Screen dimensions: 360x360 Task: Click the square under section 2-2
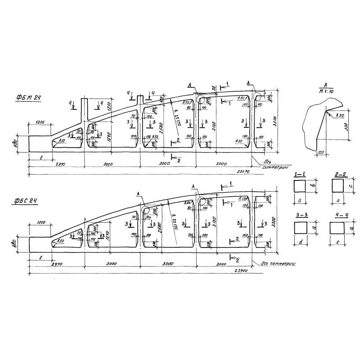[x=337, y=186]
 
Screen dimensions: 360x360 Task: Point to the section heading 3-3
[x=300, y=216]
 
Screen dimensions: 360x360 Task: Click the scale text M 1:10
[x=324, y=92]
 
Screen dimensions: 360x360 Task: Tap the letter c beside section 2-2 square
[x=349, y=185]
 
